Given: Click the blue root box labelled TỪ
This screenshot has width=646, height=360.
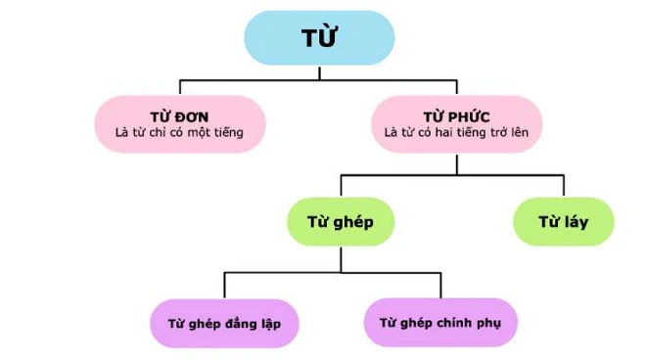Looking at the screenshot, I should pyautogui.click(x=318, y=38).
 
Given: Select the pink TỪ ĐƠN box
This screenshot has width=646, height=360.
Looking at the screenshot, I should pyautogui.click(x=179, y=123).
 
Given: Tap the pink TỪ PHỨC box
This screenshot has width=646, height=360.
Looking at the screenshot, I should pyautogui.click(x=456, y=123).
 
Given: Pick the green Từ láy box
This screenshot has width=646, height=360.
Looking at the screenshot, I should pyautogui.click(x=564, y=221).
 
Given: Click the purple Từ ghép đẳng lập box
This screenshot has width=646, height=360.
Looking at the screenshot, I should pyautogui.click(x=225, y=322).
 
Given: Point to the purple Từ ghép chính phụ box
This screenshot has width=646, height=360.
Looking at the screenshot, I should pyautogui.click(x=441, y=322).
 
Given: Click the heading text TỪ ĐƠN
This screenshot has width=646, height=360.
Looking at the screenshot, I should pyautogui.click(x=179, y=115).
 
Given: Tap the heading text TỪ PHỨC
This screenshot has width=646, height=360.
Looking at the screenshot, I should pyautogui.click(x=457, y=115).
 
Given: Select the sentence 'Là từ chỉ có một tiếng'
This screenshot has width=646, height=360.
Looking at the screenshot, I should pyautogui.click(x=179, y=133).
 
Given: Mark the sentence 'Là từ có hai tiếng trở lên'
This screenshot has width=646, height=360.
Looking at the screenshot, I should pyautogui.click(x=457, y=133).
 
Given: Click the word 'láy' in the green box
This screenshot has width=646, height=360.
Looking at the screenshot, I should pyautogui.click(x=577, y=221).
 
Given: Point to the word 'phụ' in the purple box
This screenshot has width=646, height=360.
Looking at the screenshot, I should pyautogui.click(x=490, y=322).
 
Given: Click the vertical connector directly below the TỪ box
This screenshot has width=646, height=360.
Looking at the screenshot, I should pyautogui.click(x=318, y=70).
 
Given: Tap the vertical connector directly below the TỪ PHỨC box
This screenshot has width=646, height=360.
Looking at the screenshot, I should pyautogui.click(x=456, y=162).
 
